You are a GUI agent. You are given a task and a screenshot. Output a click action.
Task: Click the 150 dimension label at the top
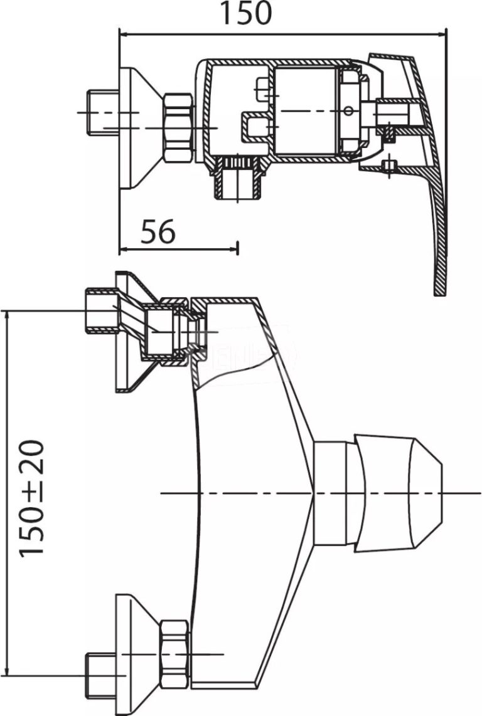(245, 14)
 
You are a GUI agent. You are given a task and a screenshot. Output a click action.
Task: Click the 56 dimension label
(158, 233)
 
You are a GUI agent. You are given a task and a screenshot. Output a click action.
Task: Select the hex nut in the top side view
(178, 128)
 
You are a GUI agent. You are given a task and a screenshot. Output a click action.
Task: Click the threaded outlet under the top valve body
(238, 182)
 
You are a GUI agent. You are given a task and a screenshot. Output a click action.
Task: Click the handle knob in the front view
(398, 493)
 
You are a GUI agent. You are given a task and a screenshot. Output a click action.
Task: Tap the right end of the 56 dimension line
(237, 249)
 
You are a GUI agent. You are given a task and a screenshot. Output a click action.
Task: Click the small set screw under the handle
(389, 166)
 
